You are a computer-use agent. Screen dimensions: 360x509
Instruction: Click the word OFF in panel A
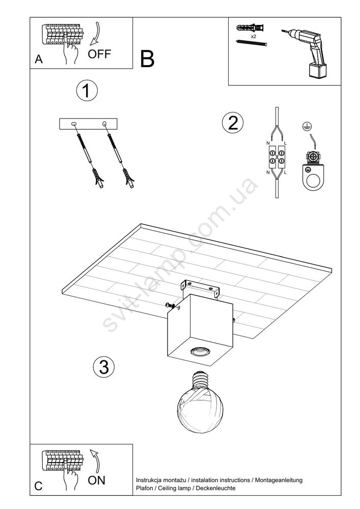click(x=99, y=54)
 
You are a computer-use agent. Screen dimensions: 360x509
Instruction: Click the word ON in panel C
click(x=96, y=480)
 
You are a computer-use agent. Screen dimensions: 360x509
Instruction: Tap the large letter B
click(x=147, y=59)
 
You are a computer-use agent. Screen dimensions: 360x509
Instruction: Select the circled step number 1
click(x=87, y=91)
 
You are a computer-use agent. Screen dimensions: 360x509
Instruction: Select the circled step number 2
click(x=232, y=123)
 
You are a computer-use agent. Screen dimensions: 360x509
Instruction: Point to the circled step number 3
click(x=104, y=367)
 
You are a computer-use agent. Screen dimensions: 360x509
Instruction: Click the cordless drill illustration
click(x=305, y=53)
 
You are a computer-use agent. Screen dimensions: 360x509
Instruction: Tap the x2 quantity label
click(x=254, y=37)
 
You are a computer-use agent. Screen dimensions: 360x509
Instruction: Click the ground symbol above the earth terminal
click(x=305, y=127)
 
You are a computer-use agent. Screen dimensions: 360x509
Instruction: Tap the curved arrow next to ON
click(x=95, y=460)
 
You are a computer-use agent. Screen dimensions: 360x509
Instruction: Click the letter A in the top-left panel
click(x=39, y=60)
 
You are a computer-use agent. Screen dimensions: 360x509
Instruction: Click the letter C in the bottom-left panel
click(x=38, y=486)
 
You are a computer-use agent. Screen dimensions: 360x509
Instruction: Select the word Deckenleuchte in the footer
click(x=216, y=488)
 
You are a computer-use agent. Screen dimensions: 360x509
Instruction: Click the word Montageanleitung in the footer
click(x=279, y=480)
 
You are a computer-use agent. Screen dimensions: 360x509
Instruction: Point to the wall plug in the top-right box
click(x=251, y=28)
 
